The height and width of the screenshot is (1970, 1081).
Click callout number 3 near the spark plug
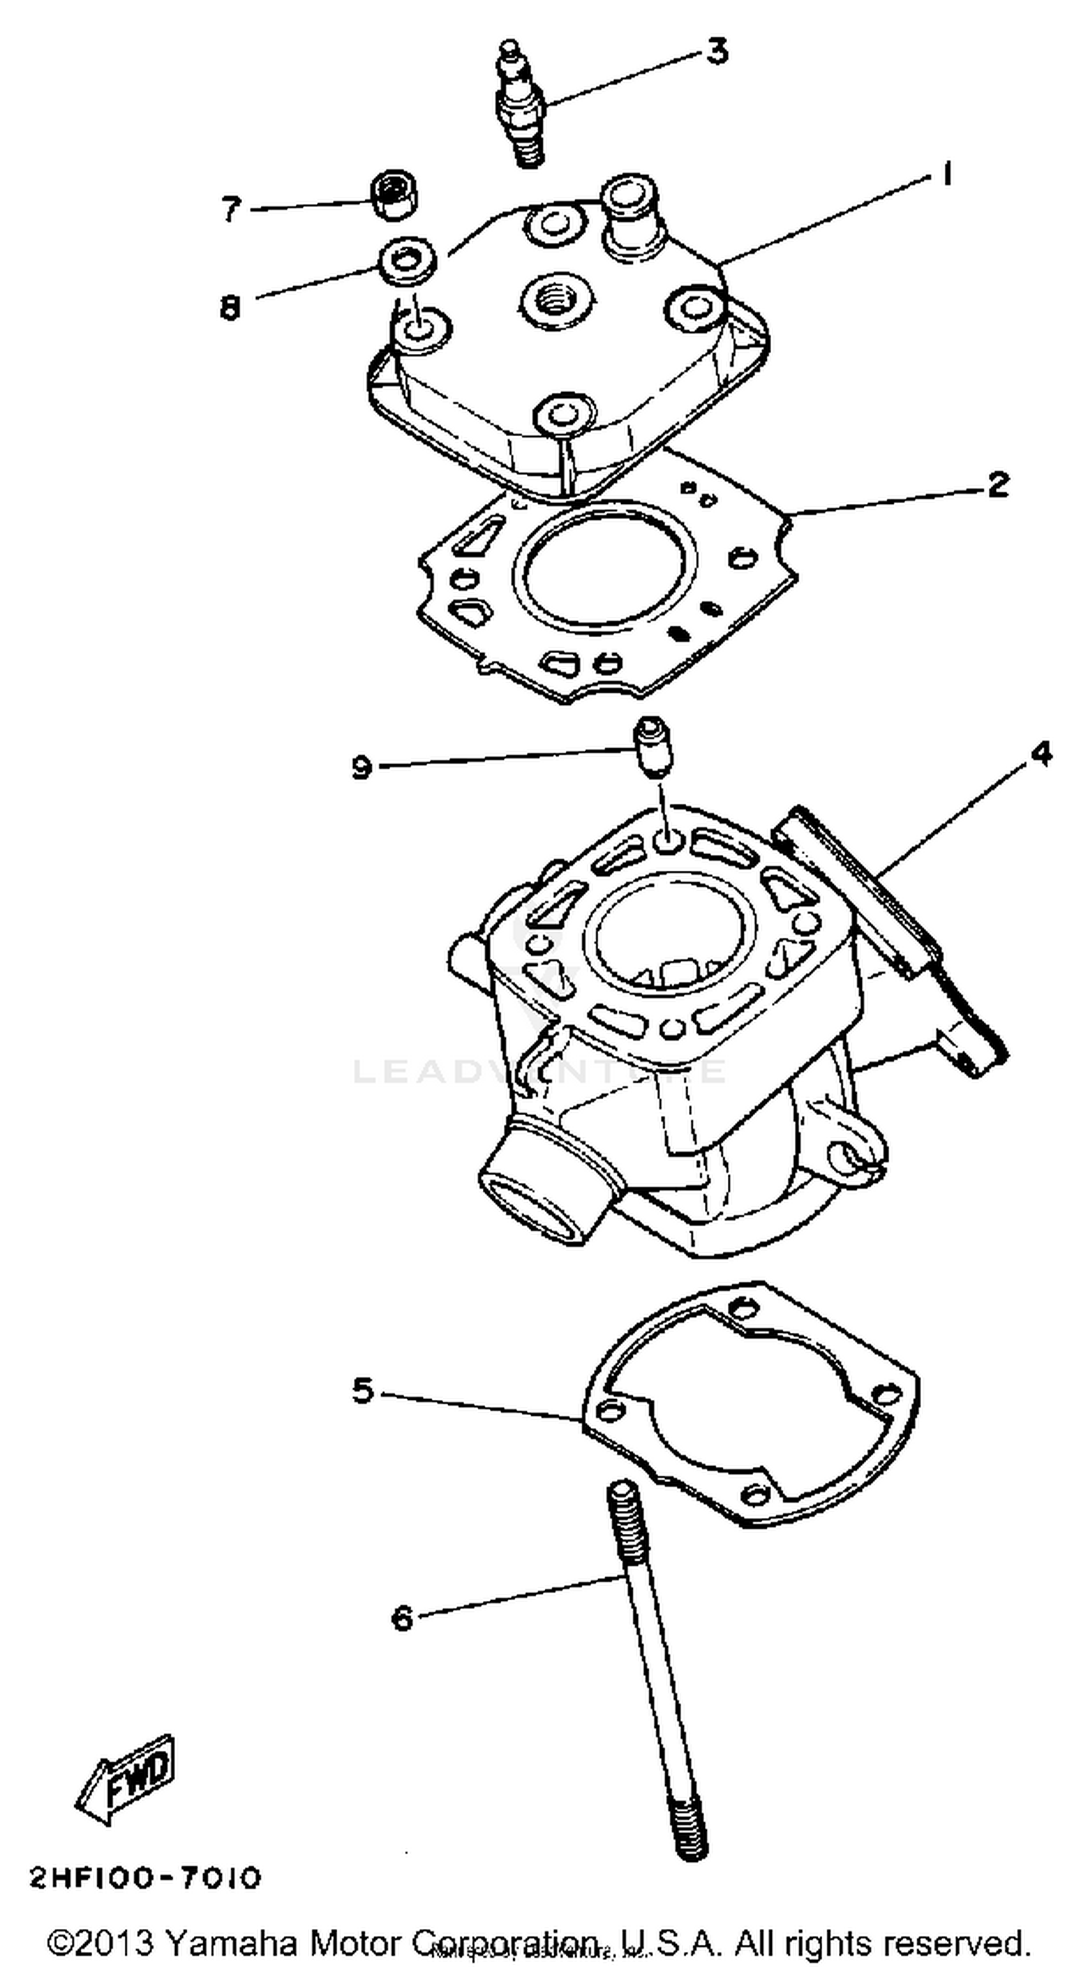(x=716, y=52)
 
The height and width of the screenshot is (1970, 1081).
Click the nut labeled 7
(x=393, y=196)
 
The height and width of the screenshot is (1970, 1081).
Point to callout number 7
(x=231, y=208)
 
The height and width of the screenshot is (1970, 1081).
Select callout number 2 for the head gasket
(x=997, y=484)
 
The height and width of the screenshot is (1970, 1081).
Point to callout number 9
(x=361, y=766)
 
